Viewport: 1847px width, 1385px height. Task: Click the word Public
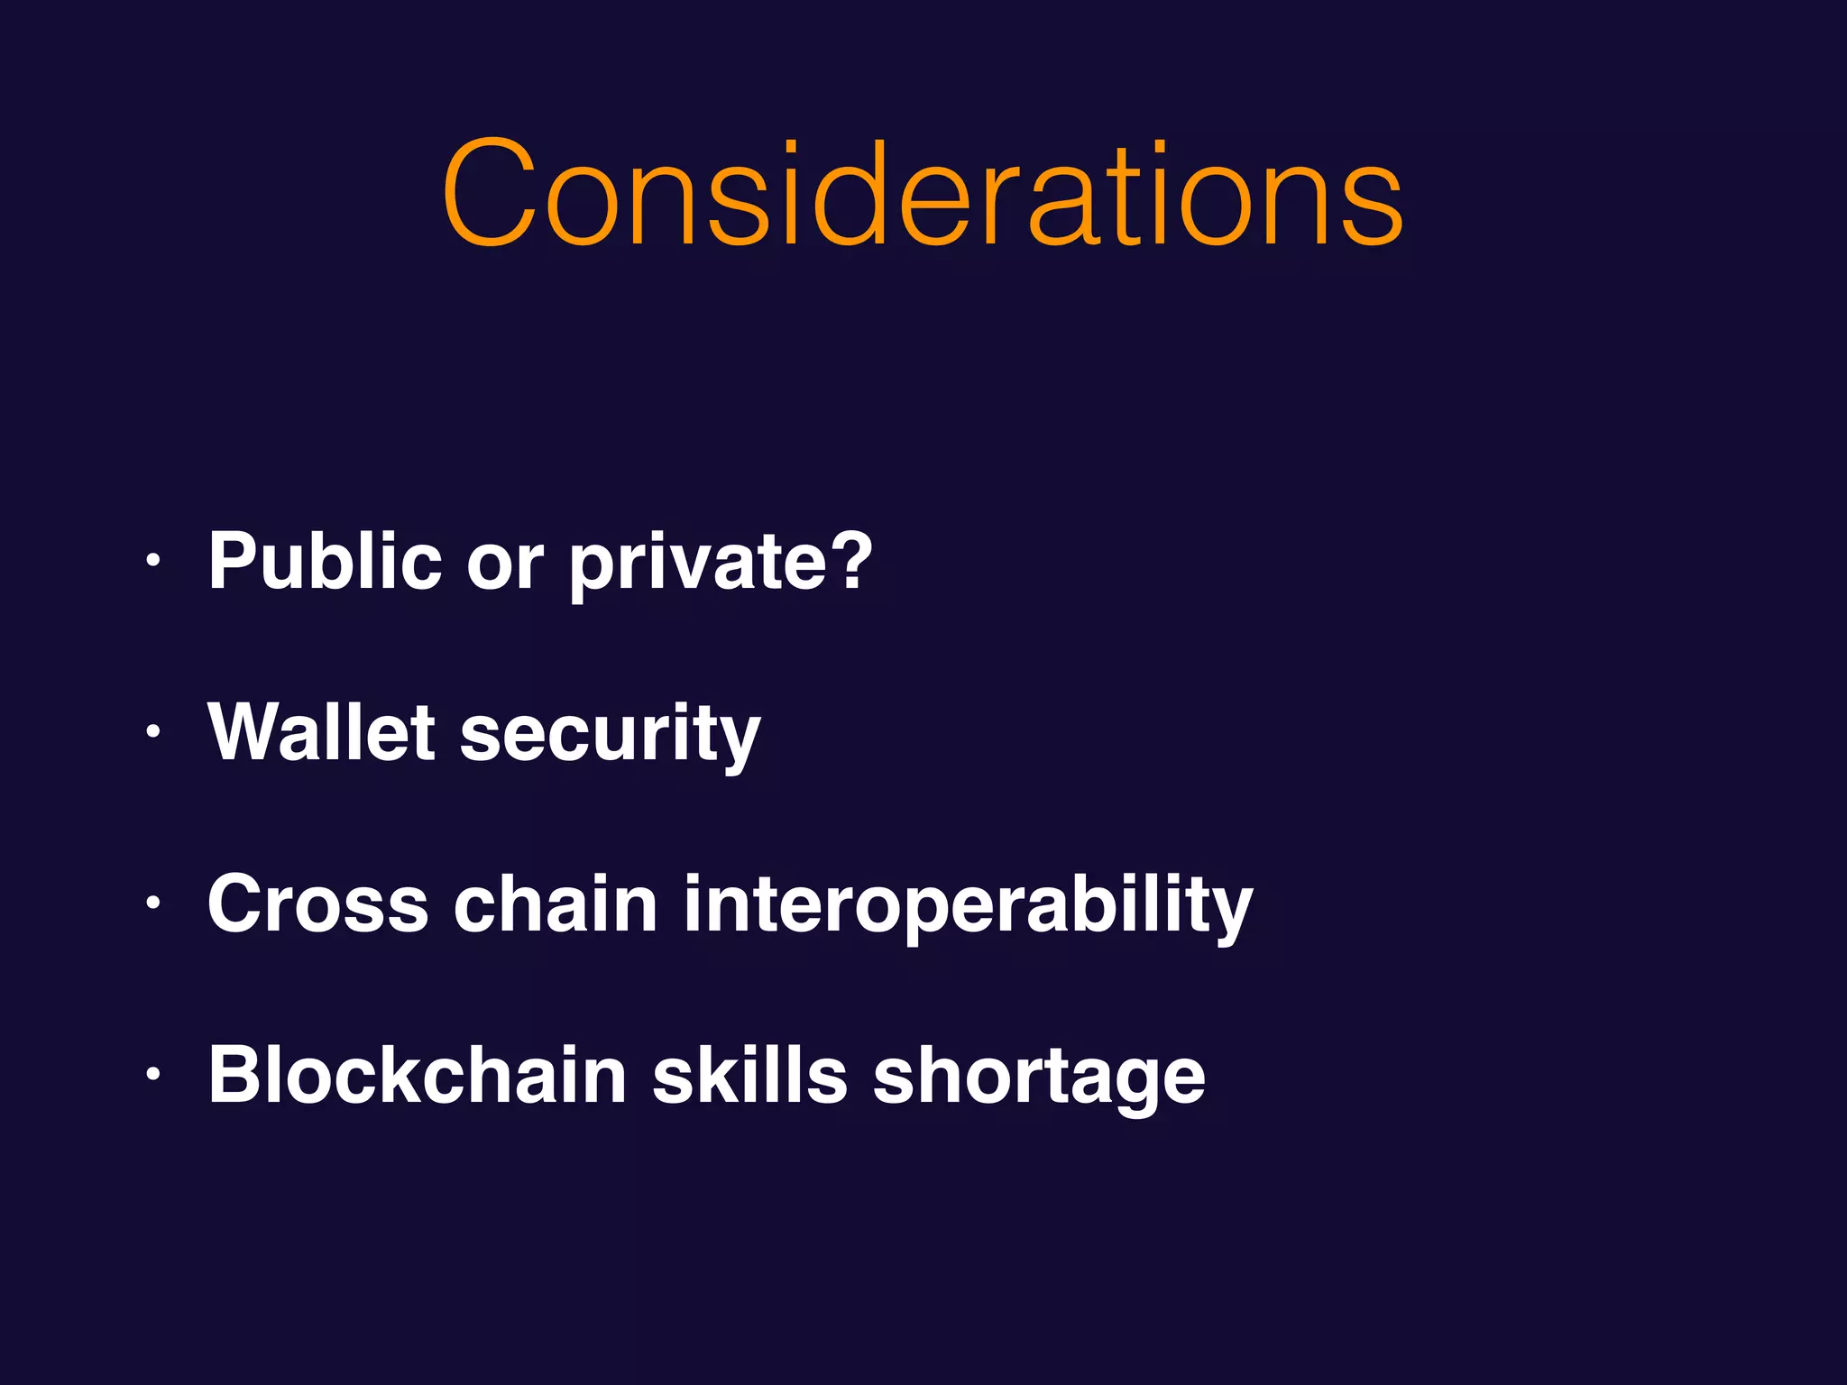click(x=325, y=561)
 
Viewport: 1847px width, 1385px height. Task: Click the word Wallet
click(x=322, y=732)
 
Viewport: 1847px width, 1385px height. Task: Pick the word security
click(x=610, y=735)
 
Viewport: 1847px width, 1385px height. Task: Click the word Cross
click(x=317, y=903)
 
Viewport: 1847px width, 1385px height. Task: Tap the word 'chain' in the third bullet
click(x=556, y=903)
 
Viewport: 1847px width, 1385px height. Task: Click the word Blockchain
click(x=418, y=1075)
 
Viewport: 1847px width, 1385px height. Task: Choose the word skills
click(x=749, y=1075)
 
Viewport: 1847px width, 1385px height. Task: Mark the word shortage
click(x=1038, y=1078)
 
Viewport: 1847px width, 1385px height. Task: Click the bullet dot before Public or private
click(x=154, y=561)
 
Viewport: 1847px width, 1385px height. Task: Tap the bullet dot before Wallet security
click(x=154, y=732)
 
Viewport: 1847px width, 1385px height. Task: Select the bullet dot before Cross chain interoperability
click(x=154, y=903)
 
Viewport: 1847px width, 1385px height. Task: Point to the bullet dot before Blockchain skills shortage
click(x=154, y=1075)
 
